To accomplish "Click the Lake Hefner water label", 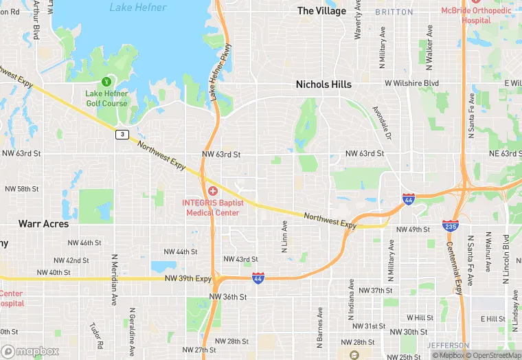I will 137,8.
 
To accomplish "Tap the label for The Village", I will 321,11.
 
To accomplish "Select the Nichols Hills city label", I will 323,85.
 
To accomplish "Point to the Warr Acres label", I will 43,224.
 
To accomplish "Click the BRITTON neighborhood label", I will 394,12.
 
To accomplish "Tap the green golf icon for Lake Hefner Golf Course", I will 106,82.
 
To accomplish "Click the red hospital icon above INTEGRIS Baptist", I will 213,190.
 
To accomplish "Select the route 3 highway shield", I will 121,134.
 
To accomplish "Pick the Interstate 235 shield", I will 451,225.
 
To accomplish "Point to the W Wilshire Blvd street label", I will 411,83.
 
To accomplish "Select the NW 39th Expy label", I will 188,278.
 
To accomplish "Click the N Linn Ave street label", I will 284,236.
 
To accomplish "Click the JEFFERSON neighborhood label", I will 447,345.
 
